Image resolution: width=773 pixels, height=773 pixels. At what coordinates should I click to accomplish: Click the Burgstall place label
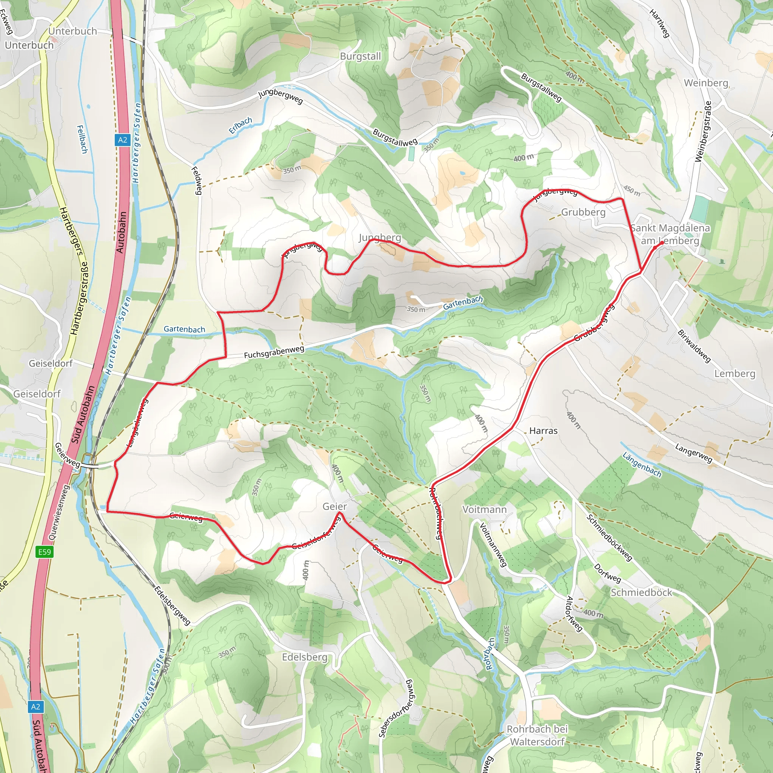[x=360, y=56]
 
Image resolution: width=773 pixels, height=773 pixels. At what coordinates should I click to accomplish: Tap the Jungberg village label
[x=379, y=238]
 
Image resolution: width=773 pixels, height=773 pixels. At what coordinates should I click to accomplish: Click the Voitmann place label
[x=484, y=509]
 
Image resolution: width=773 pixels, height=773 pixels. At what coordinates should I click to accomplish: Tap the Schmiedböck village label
[x=641, y=593]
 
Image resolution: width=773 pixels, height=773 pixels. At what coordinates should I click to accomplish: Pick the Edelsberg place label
[x=305, y=658]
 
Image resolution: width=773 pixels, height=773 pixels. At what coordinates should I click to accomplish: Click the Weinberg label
[x=706, y=83]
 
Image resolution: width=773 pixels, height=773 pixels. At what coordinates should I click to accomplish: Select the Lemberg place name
[x=735, y=374]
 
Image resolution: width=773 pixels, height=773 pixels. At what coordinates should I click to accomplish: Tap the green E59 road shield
[x=45, y=552]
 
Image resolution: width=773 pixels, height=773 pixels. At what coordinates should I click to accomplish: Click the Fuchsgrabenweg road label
[x=274, y=352]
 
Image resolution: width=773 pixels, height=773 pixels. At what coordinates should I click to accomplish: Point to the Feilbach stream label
[x=82, y=139]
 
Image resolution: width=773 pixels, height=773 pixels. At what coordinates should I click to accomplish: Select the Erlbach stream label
[x=240, y=125]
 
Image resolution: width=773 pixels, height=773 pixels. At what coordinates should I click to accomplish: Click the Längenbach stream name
[x=641, y=465]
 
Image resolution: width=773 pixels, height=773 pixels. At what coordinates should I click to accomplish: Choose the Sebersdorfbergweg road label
[x=395, y=708]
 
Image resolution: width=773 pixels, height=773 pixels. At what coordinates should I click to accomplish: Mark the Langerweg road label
[x=693, y=453]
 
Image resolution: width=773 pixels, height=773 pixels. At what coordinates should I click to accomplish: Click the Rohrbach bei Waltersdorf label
[x=537, y=735]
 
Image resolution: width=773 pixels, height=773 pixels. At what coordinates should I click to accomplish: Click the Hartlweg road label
[x=659, y=23]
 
